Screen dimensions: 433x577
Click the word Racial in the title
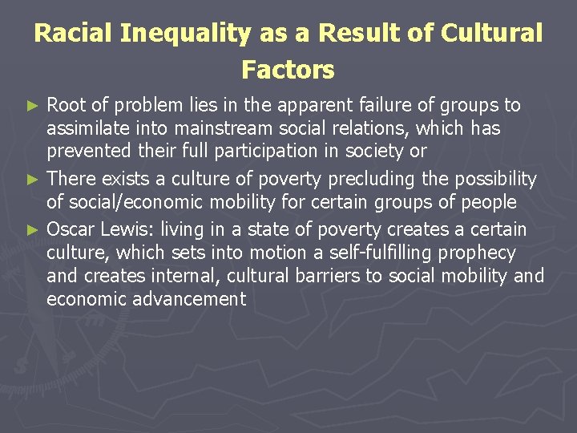click(x=75, y=34)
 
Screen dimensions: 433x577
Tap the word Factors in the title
click(x=288, y=70)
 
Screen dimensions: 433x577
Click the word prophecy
click(x=477, y=253)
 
